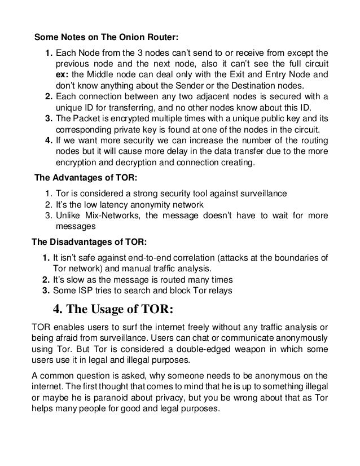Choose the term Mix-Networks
(109, 216)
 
